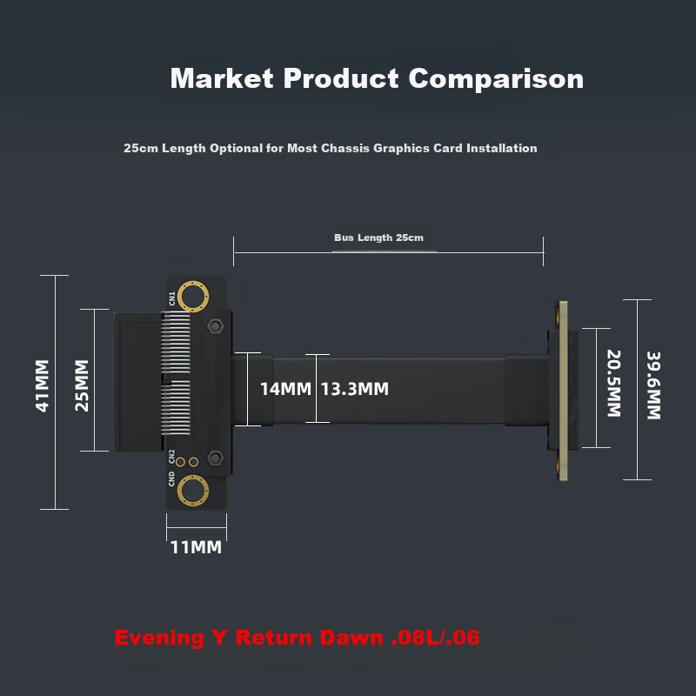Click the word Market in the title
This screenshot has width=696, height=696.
(222, 78)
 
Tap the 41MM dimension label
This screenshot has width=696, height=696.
(42, 385)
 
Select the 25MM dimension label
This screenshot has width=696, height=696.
(82, 385)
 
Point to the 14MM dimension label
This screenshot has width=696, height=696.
(285, 389)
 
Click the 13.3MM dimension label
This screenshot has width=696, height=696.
(355, 389)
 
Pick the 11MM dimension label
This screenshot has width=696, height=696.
(196, 547)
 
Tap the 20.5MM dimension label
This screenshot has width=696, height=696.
(614, 384)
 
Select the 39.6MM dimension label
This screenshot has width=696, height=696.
(653, 385)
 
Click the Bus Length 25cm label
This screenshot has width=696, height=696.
(378, 238)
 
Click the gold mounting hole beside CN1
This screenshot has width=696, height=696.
(193, 296)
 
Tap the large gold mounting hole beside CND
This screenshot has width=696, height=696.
(193, 491)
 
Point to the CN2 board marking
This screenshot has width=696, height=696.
(171, 457)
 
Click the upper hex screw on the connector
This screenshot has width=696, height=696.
(215, 326)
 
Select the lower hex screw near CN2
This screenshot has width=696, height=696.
(215, 458)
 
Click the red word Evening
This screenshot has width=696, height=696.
(159, 639)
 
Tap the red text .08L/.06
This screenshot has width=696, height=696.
(436, 638)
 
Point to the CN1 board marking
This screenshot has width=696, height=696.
(171, 298)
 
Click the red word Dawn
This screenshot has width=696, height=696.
(351, 638)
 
